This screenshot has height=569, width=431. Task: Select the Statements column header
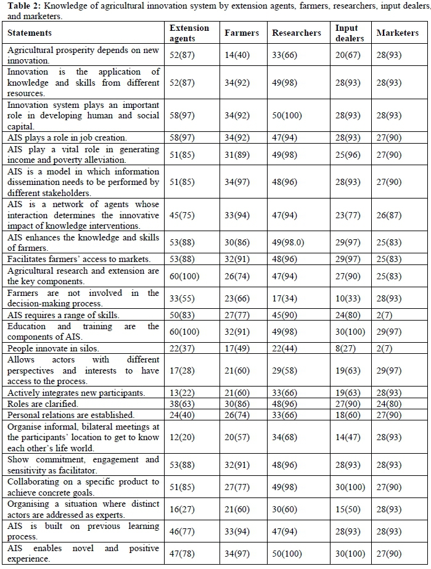(x=30, y=33)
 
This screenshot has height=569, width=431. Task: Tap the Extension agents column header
(x=189, y=33)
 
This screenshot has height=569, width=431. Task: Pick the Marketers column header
(x=397, y=33)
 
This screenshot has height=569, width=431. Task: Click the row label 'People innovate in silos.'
(x=52, y=348)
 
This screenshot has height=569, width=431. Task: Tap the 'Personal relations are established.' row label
(x=69, y=415)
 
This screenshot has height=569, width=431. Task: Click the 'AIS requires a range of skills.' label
(x=64, y=315)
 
